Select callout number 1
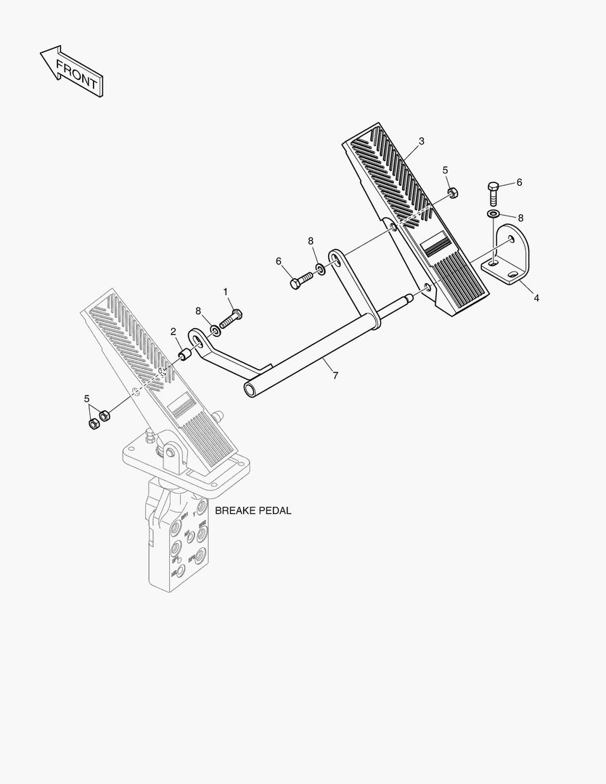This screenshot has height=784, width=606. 226,292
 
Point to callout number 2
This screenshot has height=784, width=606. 173,332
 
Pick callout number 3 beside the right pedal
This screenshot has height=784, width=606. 421,141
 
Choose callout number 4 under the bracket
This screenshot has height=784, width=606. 536,298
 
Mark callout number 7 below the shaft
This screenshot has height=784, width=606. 335,375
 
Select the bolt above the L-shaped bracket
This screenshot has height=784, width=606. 494,193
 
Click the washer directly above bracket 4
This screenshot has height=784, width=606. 494,214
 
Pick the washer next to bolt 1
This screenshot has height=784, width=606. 216,331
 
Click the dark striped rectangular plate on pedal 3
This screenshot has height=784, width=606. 438,245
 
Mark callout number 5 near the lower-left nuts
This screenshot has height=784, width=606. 87,399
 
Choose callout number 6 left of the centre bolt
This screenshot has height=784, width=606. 278,261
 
